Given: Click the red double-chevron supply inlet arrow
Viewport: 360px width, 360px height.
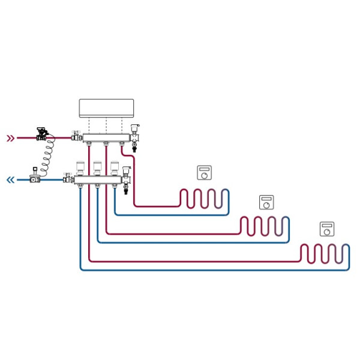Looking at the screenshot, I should pos(10,138).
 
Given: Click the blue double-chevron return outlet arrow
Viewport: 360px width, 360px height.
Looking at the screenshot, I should pos(10,179).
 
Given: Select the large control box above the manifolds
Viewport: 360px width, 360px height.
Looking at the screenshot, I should pos(108,108).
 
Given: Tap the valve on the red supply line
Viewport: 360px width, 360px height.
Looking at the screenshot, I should pos(42,133).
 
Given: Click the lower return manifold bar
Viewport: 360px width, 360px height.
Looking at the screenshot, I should pos(99,179).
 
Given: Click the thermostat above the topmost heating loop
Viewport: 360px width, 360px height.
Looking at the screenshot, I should pos(205,173).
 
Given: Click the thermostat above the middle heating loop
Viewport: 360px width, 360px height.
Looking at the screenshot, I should pos(266,202).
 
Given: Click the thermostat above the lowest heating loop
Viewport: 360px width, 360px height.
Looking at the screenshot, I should pos(327,229).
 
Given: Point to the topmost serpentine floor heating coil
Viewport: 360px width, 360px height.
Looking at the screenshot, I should pos(205,198).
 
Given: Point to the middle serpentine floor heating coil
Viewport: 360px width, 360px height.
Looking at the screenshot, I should pos(265,226).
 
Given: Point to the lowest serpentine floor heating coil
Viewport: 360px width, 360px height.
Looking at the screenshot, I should pos(325,254).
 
